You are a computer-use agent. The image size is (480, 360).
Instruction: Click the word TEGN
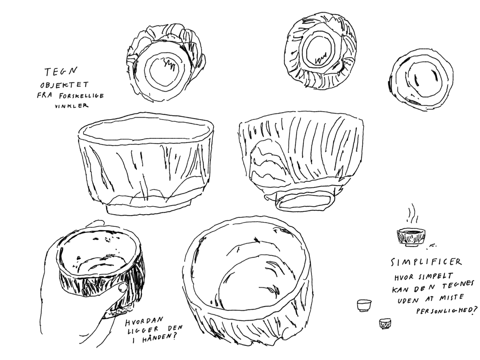click(x=60, y=72)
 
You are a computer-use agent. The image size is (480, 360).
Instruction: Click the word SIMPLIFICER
click(x=426, y=262)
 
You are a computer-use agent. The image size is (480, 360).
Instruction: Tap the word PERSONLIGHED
click(x=446, y=311)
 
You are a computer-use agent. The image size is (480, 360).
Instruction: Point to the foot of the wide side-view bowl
click(x=149, y=208)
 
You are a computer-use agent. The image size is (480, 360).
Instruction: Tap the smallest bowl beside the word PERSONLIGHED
click(x=385, y=323)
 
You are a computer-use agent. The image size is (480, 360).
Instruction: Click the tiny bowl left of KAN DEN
click(x=364, y=306)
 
